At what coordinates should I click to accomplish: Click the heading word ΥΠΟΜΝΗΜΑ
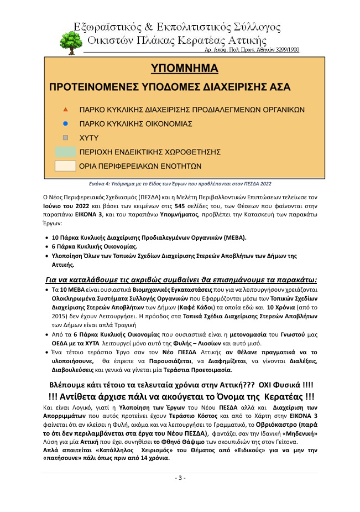[185, 69]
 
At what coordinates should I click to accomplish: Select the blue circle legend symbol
[65, 123]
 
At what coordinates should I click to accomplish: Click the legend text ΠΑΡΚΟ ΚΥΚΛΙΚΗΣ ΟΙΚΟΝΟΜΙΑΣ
[136, 123]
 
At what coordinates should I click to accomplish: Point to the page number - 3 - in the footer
[180, 478]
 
